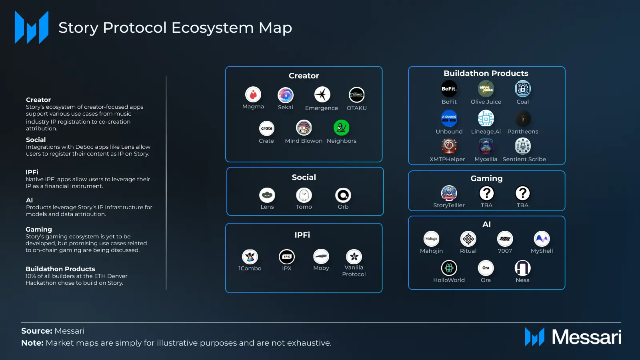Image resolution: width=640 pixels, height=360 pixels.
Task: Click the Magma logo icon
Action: (253, 95)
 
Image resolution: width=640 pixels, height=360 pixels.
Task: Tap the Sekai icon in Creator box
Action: (286, 95)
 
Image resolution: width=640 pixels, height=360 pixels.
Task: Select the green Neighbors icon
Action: (342, 128)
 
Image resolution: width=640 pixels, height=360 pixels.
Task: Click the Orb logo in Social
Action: (343, 195)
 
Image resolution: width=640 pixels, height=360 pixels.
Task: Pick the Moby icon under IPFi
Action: (321, 256)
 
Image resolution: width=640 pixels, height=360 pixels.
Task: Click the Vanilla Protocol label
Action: (354, 271)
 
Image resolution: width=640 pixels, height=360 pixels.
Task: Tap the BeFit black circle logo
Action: (449, 89)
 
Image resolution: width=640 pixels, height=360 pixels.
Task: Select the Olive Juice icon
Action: (486, 89)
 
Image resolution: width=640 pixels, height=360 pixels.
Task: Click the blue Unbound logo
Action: (449, 118)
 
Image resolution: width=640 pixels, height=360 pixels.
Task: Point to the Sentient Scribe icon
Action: (523, 146)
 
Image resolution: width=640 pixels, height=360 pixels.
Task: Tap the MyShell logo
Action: (542, 239)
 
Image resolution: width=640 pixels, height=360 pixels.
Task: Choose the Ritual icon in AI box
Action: (468, 239)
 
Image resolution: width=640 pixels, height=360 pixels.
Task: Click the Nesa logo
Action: (523, 268)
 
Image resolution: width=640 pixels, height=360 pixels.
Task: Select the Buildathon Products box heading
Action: (486, 73)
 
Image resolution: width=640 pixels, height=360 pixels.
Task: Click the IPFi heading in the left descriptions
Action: (32, 172)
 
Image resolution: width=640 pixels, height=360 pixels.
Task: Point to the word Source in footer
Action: (36, 331)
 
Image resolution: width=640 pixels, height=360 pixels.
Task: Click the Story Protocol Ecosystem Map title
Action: (175, 28)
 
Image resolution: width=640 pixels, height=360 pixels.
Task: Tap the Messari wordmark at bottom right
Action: (586, 337)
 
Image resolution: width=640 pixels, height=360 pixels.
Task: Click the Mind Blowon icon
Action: (304, 128)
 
